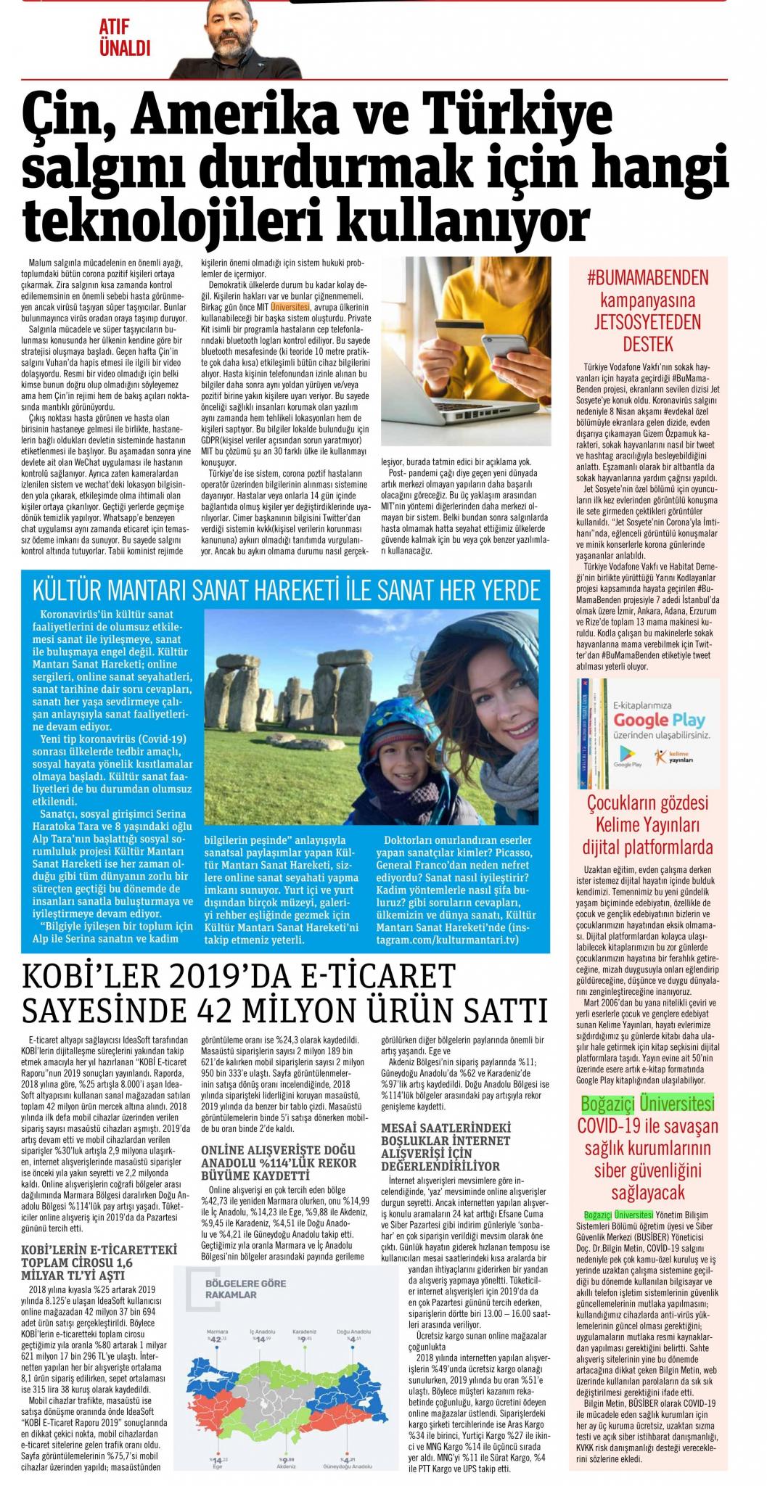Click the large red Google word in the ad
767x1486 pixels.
click(x=639, y=720)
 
